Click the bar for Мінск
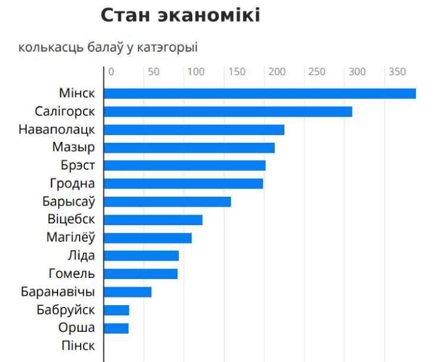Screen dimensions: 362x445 [x=260, y=94]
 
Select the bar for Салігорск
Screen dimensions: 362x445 [x=228, y=111]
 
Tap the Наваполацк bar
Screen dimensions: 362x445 [x=194, y=130]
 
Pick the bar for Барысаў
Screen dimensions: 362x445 [x=167, y=201]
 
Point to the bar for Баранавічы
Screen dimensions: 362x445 [x=128, y=291]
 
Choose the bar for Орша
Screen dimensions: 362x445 [x=116, y=328]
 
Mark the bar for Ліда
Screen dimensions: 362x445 [x=141, y=255]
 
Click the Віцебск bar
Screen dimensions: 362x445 [x=153, y=220]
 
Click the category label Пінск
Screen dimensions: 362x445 [x=78, y=345]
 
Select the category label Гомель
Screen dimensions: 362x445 [x=71, y=274]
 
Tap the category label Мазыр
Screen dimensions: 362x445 [x=74, y=148]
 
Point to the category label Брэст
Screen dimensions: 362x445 [x=78, y=165]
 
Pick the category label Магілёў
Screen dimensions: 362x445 [x=71, y=238]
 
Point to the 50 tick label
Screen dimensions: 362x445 [x=154, y=72]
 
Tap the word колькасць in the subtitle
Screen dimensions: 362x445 [x=44, y=47]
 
